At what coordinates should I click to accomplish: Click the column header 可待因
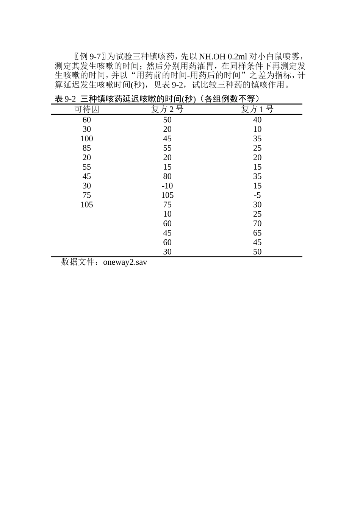(86, 109)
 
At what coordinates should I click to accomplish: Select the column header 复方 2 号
(167, 109)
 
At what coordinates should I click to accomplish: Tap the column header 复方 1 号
(257, 109)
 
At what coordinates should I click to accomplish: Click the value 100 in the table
(86, 139)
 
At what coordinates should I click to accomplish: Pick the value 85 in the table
(86, 148)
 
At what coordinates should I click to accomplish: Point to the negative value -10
(167, 186)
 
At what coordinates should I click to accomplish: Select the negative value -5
(257, 195)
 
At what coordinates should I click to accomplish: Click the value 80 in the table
(167, 176)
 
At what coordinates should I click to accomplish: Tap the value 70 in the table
(257, 223)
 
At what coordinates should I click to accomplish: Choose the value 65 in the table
(257, 233)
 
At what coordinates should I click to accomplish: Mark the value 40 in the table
(257, 120)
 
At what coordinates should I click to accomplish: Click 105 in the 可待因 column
(86, 205)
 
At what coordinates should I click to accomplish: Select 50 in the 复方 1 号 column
(257, 252)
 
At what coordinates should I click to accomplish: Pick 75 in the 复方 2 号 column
(167, 205)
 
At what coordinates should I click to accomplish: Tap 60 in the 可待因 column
(86, 120)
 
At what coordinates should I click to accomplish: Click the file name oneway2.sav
(125, 262)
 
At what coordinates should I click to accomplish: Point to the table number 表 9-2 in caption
(66, 99)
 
